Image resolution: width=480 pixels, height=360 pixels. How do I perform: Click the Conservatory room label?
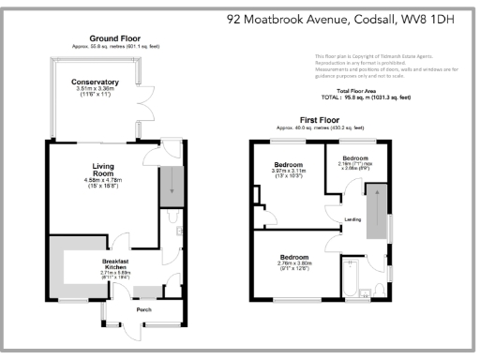click(x=95, y=82)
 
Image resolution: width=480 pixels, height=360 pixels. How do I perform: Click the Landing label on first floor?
click(x=352, y=220)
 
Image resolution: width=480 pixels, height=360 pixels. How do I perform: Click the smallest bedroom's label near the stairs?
click(x=354, y=158)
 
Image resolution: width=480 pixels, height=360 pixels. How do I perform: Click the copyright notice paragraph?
click(x=385, y=68)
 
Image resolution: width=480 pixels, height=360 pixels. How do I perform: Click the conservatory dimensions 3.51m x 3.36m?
click(x=95, y=92)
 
